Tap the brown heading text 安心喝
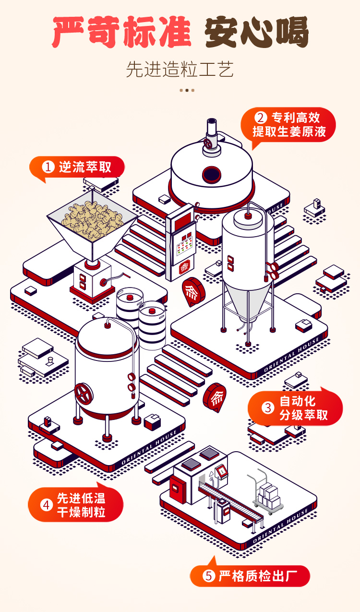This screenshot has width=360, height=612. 256,33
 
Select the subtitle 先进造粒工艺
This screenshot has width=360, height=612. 180,70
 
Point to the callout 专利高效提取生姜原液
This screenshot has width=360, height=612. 288,124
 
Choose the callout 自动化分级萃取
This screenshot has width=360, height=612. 296,408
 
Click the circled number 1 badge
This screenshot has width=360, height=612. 48,167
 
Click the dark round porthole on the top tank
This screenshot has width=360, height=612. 211,174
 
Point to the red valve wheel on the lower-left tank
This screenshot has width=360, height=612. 84,394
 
